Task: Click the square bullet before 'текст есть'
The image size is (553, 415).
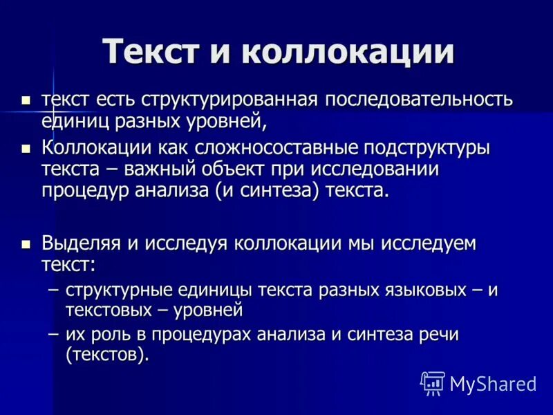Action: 26,100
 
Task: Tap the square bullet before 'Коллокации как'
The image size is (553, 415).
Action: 26,149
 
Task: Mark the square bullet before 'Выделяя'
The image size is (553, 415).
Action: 26,243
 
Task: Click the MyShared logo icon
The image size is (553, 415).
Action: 433,383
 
